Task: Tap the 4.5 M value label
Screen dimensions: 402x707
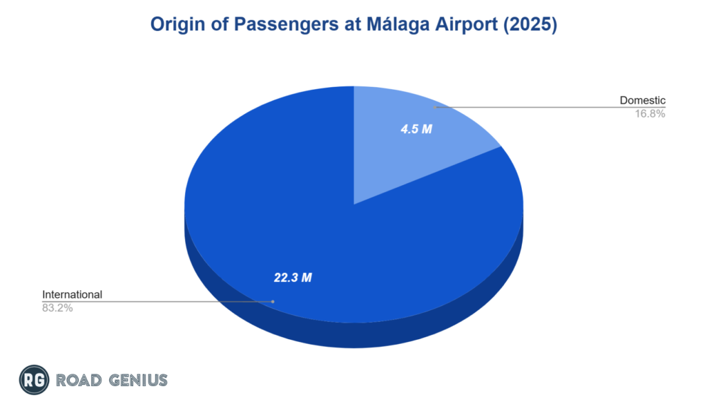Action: pos(416,128)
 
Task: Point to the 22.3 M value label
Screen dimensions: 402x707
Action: pos(293,277)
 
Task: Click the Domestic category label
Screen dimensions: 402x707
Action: pos(642,101)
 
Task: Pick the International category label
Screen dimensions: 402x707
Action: pos(72,294)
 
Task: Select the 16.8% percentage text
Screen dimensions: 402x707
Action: pos(650,114)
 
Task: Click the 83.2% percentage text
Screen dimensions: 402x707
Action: pos(58,308)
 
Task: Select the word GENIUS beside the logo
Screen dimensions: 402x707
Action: pos(137,380)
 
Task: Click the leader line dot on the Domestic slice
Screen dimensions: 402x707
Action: pos(435,107)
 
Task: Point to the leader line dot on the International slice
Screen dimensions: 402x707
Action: pos(273,301)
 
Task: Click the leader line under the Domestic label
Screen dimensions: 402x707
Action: pos(552,107)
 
